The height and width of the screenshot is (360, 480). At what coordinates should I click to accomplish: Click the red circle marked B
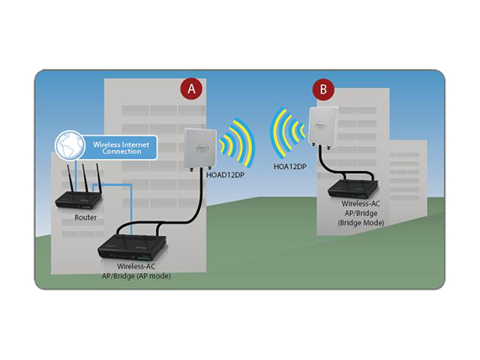323,91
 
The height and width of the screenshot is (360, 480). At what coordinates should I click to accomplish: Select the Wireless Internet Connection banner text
117,146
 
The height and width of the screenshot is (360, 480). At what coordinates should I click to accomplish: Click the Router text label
85,217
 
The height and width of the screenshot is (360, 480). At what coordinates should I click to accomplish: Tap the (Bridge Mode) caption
361,223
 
